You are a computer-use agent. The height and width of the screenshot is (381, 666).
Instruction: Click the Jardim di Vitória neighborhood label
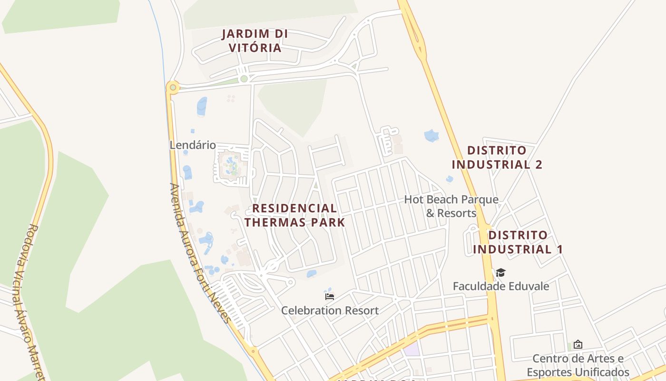pos(255,41)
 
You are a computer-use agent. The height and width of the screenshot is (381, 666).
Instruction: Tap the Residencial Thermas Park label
pos(294,215)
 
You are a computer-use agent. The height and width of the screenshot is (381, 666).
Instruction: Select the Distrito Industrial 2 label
pos(497,158)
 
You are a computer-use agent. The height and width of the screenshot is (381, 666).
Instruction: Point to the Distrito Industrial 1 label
pos(518,242)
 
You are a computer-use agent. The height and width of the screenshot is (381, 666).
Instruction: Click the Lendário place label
pos(193,145)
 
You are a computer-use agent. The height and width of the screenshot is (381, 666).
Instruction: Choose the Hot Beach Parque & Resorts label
pos(451,206)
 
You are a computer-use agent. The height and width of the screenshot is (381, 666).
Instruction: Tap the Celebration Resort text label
pos(330,311)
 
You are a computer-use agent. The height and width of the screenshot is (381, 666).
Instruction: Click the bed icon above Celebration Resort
pos(329,297)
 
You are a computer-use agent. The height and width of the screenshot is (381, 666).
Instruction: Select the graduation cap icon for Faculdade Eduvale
pos(500,273)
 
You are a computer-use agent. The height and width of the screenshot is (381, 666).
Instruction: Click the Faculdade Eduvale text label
pos(500,286)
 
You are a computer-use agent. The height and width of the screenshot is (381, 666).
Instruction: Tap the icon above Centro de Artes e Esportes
pos(578,344)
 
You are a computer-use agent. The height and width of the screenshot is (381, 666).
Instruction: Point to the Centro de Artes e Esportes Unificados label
pos(578,365)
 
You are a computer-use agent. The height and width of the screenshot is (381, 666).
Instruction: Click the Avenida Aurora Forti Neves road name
pos(200,252)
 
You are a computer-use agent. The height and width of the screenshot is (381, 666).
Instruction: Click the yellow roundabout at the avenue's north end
pos(172,87)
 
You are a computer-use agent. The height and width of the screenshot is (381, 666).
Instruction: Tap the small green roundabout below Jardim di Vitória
pos(244,79)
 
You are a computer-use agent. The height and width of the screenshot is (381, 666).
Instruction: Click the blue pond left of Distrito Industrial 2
pos(432,136)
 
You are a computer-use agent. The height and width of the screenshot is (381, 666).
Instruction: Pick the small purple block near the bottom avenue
pos(412,349)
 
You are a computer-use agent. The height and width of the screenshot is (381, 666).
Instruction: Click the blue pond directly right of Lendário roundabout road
pos(202,106)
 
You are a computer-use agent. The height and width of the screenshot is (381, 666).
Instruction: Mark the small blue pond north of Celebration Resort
pos(312,274)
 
